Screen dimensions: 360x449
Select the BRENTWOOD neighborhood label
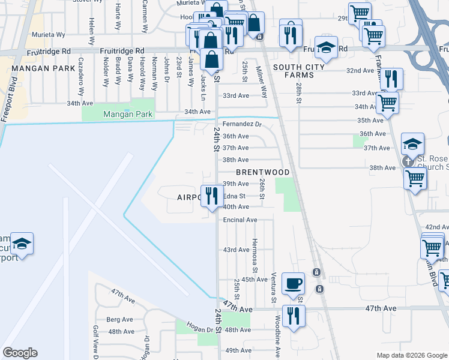263,172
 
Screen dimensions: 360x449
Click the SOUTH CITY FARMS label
294,71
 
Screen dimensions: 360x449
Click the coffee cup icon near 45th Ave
293,283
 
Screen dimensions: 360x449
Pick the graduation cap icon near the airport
22,243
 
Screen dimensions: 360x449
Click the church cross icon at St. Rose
408,161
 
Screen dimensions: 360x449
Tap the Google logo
20,353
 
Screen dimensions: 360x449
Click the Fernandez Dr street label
243,124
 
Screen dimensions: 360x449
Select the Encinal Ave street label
240,220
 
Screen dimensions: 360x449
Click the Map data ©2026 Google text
412,355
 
